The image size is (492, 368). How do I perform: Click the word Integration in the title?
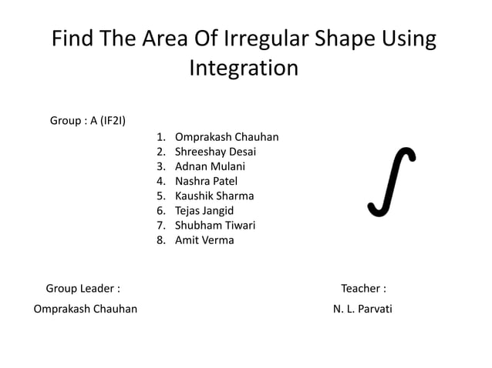(x=244, y=68)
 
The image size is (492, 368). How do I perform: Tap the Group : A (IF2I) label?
(x=88, y=120)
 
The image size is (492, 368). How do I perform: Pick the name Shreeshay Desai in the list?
(x=215, y=152)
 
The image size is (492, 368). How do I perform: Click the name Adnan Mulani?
(x=210, y=166)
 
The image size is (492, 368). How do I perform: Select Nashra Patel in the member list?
(x=206, y=181)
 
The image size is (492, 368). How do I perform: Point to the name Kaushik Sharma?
(x=214, y=196)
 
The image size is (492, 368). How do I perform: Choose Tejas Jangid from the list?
(x=204, y=210)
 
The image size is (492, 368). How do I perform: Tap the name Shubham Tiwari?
(x=214, y=225)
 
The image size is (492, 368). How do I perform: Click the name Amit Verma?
(x=204, y=239)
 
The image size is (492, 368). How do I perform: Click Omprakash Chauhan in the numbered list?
(x=226, y=137)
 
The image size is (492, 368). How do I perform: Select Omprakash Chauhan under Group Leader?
(x=86, y=309)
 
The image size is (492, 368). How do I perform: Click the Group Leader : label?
(x=83, y=289)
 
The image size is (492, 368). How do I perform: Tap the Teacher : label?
(x=363, y=289)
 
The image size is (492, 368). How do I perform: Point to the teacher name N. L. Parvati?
(x=362, y=309)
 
